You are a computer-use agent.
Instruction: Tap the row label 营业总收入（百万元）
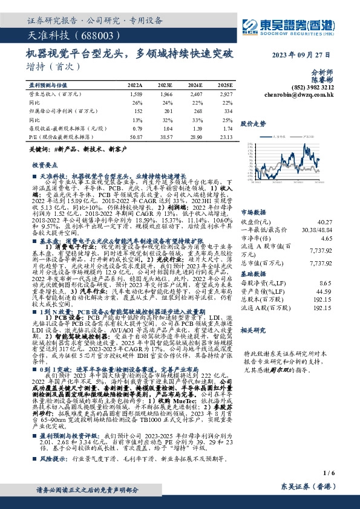[x=55, y=94]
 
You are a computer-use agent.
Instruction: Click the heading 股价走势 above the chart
[x=253, y=123]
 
